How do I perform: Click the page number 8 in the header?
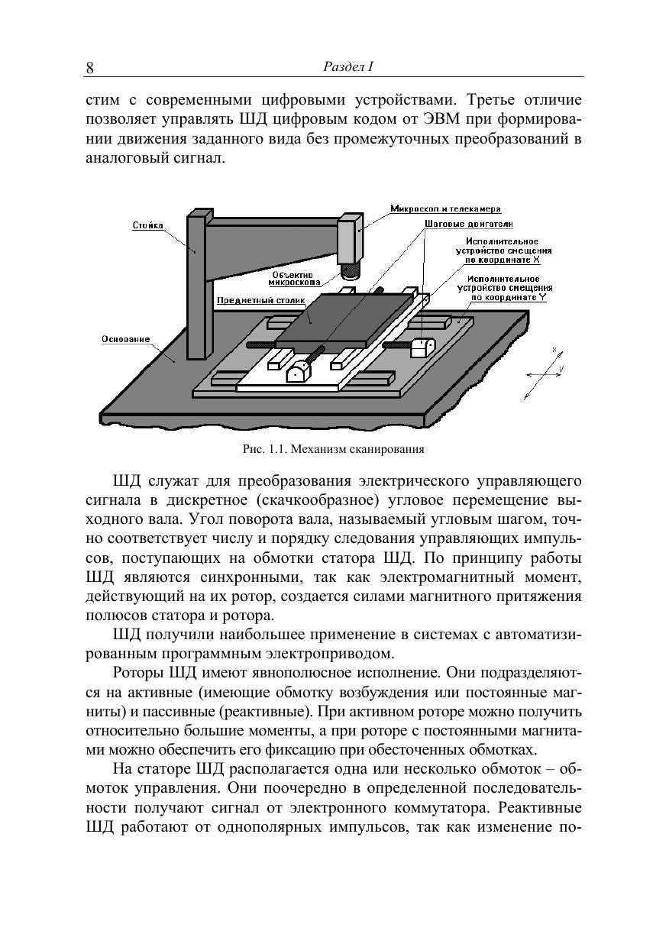click(x=89, y=69)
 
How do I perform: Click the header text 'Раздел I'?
click(x=347, y=67)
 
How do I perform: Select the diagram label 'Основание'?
click(x=126, y=338)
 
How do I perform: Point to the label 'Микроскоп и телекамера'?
click(x=445, y=208)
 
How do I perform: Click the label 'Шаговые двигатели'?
click(x=468, y=224)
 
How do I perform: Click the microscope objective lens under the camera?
click(x=350, y=270)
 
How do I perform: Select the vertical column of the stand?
click(x=196, y=286)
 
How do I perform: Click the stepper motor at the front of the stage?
click(x=297, y=372)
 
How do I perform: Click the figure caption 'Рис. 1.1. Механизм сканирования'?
click(x=333, y=449)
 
